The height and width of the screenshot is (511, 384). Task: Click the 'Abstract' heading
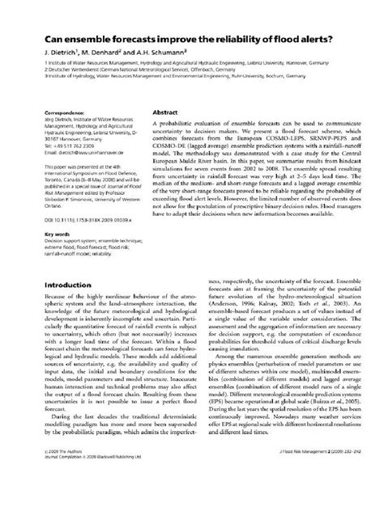point(165,114)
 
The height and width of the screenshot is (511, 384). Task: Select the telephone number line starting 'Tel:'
point(74,145)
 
